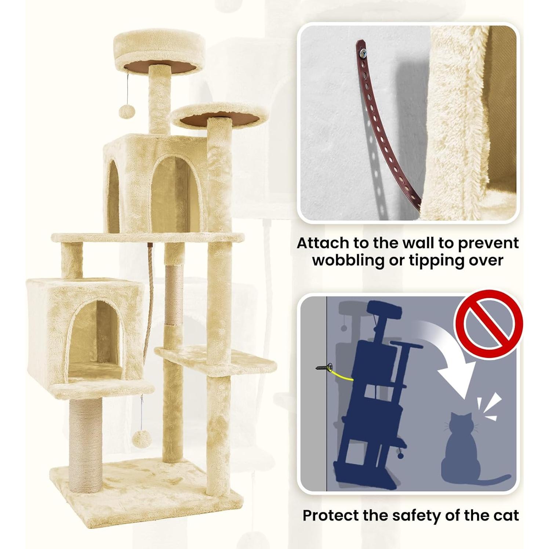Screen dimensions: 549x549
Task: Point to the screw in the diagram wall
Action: (323, 367)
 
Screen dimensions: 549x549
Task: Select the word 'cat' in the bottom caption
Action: (506, 516)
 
